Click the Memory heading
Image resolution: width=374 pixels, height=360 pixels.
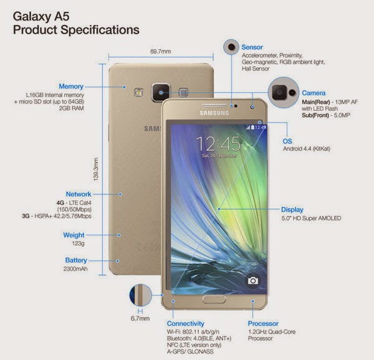[x=71, y=86]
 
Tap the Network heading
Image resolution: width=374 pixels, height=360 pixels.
[x=79, y=194]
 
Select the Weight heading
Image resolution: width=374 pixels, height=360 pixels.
[x=74, y=235]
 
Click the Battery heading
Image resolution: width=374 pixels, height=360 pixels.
[x=76, y=260]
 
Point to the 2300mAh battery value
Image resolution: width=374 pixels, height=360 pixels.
[x=75, y=268]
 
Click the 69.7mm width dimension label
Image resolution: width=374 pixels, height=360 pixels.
[x=161, y=52]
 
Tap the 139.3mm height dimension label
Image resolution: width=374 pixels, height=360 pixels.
[x=96, y=169]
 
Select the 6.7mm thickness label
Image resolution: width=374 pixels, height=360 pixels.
[x=140, y=318]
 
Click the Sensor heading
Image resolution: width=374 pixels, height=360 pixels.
[x=252, y=47]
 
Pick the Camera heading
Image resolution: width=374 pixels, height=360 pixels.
[x=314, y=93]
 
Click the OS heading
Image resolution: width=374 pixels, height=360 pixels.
[x=287, y=141]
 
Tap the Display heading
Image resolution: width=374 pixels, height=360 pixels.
[x=292, y=210]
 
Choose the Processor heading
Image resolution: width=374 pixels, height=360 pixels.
[x=263, y=323]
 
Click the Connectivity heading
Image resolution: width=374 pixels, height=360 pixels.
[x=186, y=323]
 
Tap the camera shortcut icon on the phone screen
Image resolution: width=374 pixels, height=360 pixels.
[x=253, y=281]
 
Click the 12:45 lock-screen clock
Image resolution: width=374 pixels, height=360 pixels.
[x=218, y=144]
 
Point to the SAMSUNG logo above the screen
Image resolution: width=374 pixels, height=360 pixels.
[x=214, y=113]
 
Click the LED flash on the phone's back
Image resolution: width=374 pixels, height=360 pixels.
[x=138, y=92]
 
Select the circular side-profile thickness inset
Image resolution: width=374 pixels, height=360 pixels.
[x=140, y=295]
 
